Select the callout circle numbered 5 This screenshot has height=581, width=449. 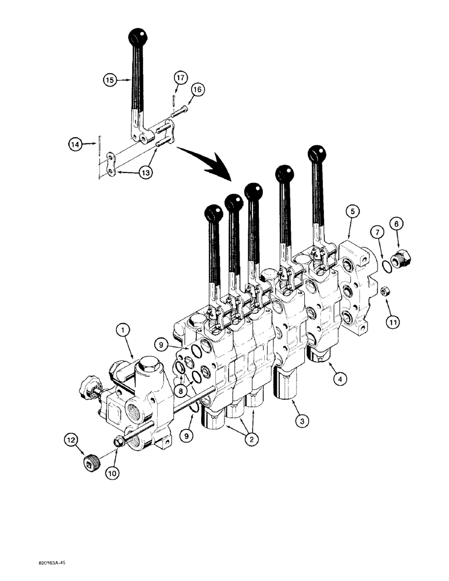click(352, 211)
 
